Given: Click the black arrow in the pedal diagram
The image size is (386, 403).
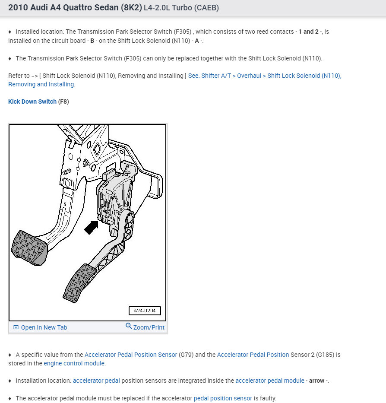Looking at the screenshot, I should pyautogui.click(x=91, y=226).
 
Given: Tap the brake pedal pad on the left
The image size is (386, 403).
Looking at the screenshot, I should pyautogui.click(x=29, y=248).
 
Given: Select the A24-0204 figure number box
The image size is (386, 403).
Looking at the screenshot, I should pyautogui.click(x=145, y=311).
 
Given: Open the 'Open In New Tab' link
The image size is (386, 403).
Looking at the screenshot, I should pyautogui.click(x=44, y=327).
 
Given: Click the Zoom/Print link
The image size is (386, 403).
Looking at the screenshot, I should pyautogui.click(x=149, y=327).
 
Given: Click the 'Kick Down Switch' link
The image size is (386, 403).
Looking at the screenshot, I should pyautogui.click(x=32, y=102).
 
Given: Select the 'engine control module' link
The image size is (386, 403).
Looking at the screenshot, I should pyautogui.click(x=74, y=363).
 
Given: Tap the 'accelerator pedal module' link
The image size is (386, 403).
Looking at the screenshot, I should pyautogui.click(x=270, y=381).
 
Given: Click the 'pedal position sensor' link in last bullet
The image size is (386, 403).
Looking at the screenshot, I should pyautogui.click(x=223, y=398).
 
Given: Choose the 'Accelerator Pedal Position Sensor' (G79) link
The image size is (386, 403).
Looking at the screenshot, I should pyautogui.click(x=131, y=355).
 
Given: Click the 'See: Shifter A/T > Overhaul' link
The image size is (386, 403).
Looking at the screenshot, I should pyautogui.click(x=265, y=76).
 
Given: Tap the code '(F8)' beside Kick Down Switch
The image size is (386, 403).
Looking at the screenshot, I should pyautogui.click(x=63, y=102).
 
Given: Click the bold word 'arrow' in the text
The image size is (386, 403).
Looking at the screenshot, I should pyautogui.click(x=316, y=381).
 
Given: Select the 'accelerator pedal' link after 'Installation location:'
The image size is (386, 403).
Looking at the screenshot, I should pyautogui.click(x=96, y=381).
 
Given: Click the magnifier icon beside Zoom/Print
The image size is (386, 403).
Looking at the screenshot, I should pyautogui.click(x=129, y=326).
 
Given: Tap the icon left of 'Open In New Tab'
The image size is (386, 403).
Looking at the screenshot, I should pyautogui.click(x=16, y=327).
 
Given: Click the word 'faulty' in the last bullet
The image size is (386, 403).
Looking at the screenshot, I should pyautogui.click(x=267, y=398).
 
